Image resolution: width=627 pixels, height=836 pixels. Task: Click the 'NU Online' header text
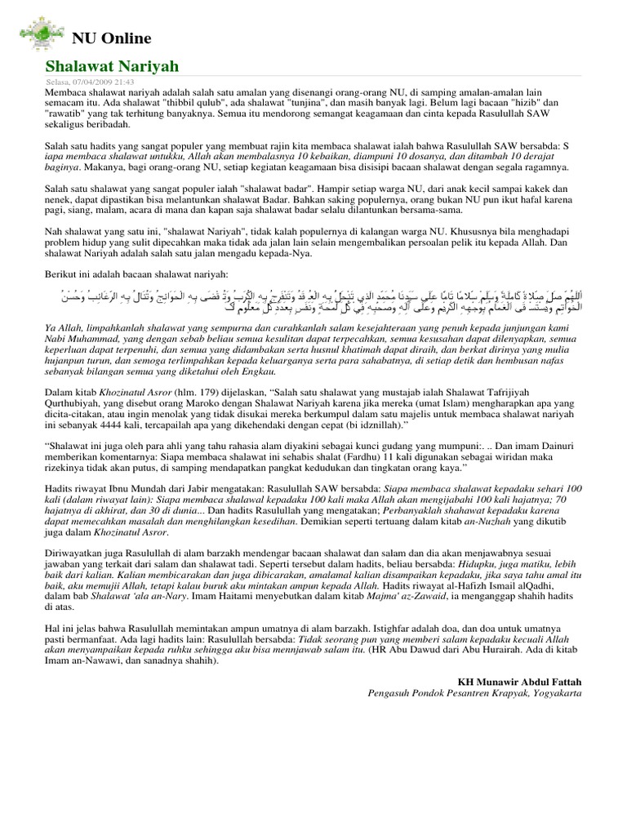(112, 38)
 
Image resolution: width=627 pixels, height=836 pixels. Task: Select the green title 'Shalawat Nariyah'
(111, 66)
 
